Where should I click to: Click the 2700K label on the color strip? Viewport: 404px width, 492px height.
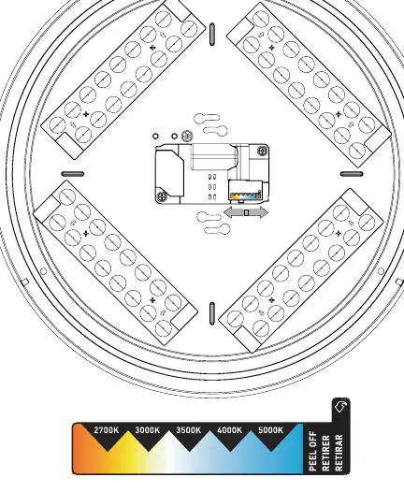coord(107,430)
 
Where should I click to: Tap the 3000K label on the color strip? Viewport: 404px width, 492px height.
coord(148,430)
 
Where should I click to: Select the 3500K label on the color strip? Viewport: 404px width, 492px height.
coord(189,430)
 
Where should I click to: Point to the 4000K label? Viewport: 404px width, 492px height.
coord(230,430)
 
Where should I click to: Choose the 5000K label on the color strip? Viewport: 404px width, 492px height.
coord(270,430)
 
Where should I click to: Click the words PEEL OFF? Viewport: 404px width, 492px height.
coord(313,452)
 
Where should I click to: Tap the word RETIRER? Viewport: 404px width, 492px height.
coord(326,453)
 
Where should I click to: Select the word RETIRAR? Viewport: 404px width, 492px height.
coord(339,453)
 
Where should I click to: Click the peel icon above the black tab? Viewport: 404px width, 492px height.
coord(341,406)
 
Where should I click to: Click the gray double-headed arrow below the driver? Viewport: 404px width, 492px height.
coord(246,212)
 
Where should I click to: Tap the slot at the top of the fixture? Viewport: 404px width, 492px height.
coord(212,34)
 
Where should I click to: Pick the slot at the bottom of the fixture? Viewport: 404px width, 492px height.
coord(212,313)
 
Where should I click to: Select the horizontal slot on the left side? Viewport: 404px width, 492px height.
coord(72,174)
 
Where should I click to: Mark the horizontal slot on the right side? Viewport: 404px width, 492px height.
coord(352,174)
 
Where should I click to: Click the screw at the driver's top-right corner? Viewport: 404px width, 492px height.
coord(262,151)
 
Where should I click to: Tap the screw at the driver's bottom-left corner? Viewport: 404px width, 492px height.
coord(162,196)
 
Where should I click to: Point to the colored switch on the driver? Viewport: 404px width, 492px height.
coord(246,195)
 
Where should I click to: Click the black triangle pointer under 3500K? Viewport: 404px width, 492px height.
coord(189,443)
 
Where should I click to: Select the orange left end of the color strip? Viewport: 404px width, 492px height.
coord(80,449)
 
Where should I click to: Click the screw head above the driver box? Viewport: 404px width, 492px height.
coord(187,136)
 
